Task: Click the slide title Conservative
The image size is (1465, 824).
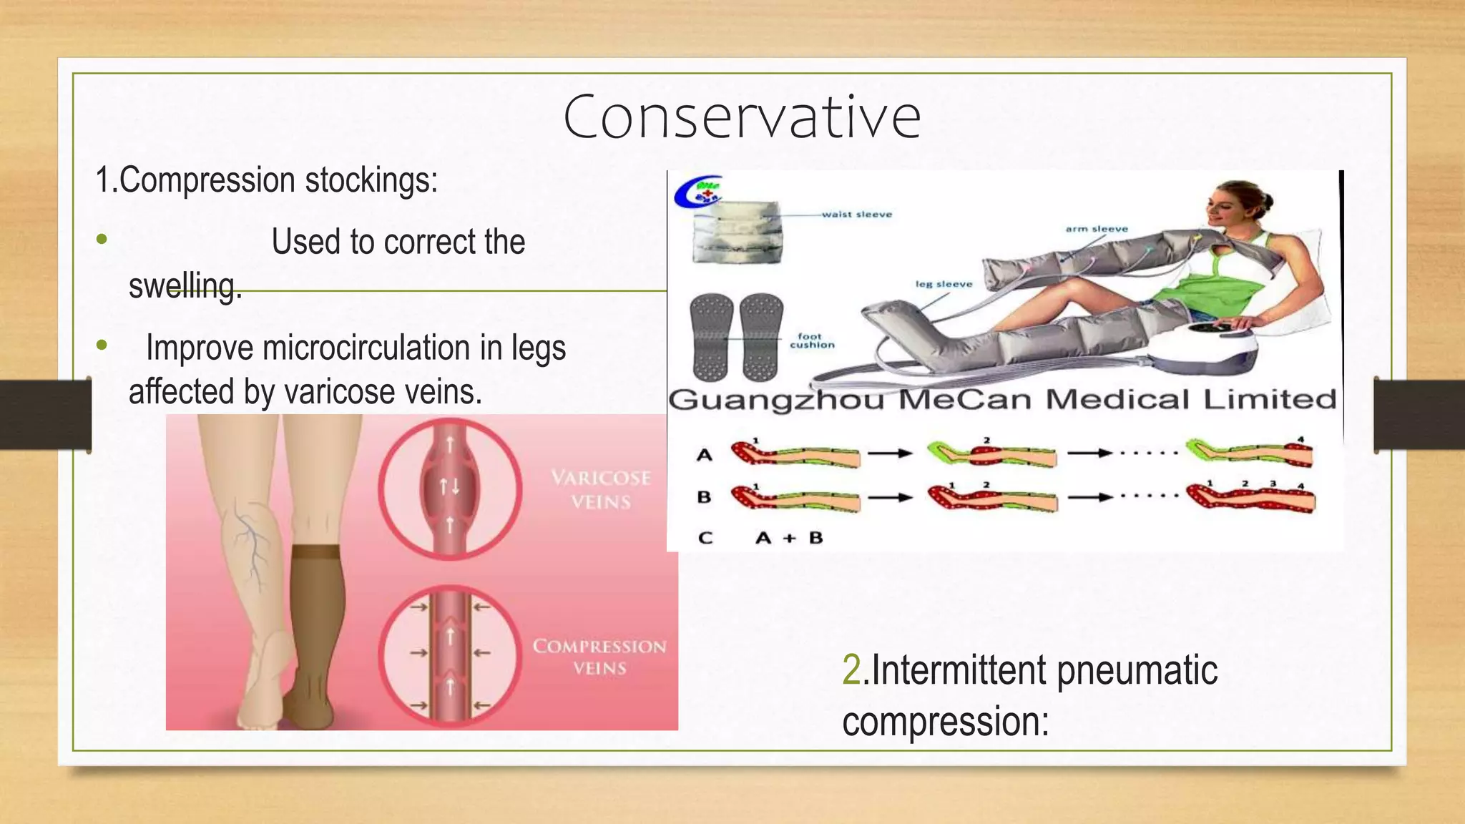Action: pos(742,117)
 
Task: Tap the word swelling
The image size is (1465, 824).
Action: pos(185,286)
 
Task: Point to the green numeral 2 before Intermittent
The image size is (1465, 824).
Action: pos(851,670)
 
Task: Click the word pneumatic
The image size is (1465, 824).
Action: pos(1137,670)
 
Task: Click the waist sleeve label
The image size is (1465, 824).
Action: pos(856,214)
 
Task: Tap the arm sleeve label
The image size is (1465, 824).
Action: pos(1097,229)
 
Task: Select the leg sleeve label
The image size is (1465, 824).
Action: pos(944,284)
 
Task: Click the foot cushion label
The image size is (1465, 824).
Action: pos(812,340)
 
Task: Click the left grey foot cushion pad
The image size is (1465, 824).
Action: pos(711,336)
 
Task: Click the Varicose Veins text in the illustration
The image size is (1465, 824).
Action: pos(601,489)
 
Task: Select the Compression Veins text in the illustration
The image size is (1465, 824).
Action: pos(599,657)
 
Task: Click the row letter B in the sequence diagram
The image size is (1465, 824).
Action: pos(704,496)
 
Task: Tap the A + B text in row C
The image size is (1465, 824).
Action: pos(789,538)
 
